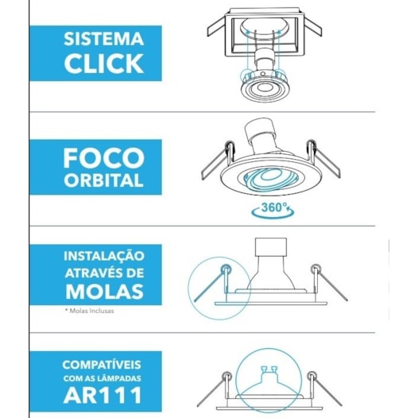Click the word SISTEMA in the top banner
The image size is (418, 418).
point(105,39)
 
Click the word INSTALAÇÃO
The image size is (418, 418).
point(104,257)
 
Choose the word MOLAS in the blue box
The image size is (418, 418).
point(104,291)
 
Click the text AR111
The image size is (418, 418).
point(104,394)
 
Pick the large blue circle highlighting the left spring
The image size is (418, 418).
point(211,284)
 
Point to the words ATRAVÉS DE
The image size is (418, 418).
point(104,273)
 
